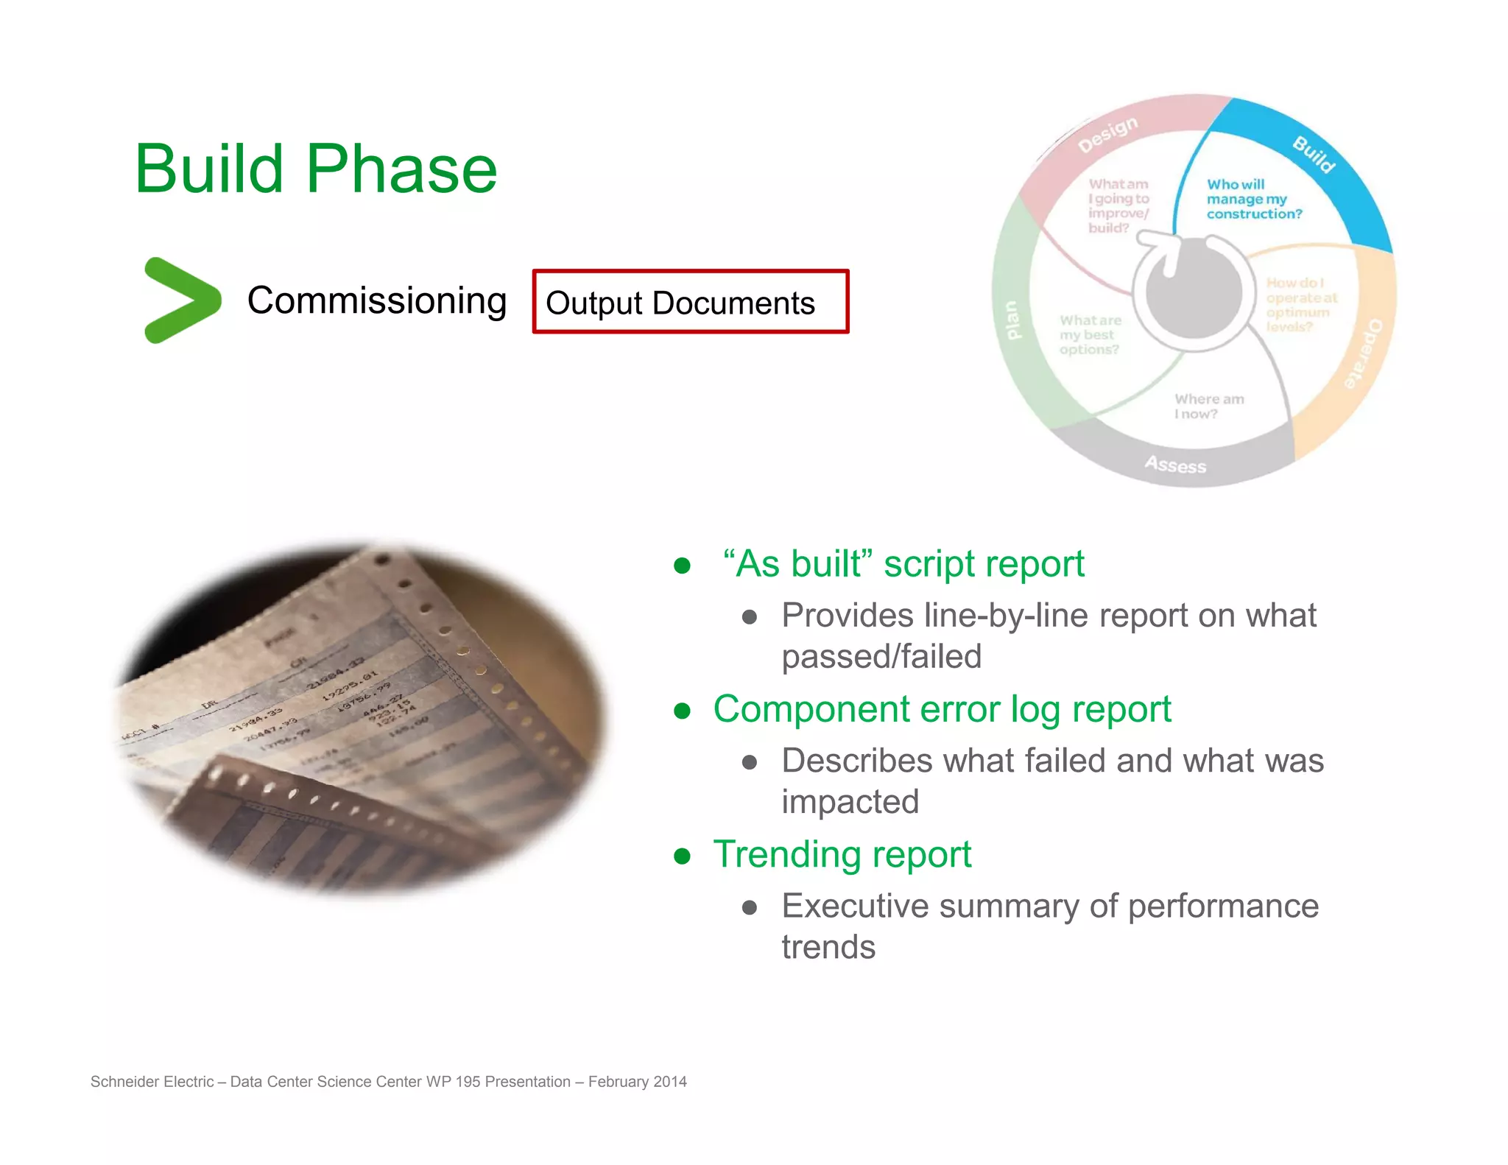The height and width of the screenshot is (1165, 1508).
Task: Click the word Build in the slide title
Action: coord(209,169)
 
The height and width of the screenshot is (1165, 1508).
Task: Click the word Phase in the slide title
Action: coord(401,169)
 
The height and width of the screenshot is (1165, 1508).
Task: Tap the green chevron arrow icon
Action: coord(181,300)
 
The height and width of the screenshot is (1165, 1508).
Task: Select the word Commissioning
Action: coord(376,300)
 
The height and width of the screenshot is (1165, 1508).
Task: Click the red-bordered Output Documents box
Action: coord(690,302)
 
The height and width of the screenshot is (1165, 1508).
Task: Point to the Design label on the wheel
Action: coord(1107,134)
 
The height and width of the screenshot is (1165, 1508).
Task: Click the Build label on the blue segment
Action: coord(1314,155)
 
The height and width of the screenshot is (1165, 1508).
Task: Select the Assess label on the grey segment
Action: coord(1175,465)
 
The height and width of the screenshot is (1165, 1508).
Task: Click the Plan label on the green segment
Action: coord(1012,320)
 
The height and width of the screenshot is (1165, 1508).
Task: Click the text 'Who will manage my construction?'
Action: coord(1253,199)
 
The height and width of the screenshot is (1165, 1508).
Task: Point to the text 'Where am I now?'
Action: coord(1208,406)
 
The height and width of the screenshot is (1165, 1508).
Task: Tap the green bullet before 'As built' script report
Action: coord(682,566)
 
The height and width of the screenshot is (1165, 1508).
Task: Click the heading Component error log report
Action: coord(941,709)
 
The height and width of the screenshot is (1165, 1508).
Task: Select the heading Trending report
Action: coord(842,854)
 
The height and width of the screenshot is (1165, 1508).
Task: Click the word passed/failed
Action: coord(881,656)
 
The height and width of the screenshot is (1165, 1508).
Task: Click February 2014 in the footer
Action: coord(637,1082)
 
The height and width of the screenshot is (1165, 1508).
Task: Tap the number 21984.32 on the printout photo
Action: coord(336,673)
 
